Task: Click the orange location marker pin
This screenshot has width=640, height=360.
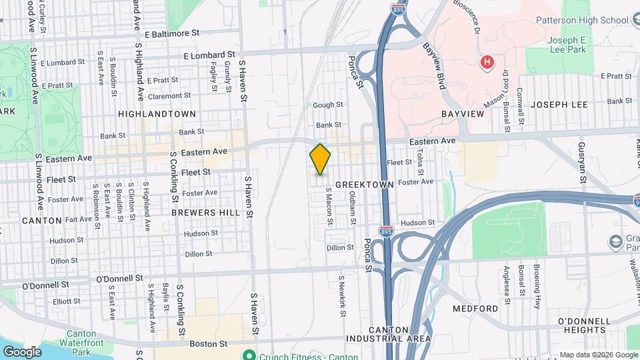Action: click(x=320, y=159)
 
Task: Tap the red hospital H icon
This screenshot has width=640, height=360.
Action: click(x=487, y=63)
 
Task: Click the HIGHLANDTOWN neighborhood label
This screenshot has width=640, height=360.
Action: click(x=157, y=114)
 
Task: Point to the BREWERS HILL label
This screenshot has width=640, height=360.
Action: click(x=205, y=212)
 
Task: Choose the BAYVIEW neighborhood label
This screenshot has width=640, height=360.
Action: click(x=462, y=115)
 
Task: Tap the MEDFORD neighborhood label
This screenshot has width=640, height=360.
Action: click(x=475, y=309)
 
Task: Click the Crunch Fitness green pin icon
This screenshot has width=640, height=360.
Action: click(x=249, y=354)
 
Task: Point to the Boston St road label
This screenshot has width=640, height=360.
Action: click(x=209, y=343)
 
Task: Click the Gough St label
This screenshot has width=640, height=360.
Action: click(x=328, y=105)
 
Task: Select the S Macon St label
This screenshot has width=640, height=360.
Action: click(x=329, y=206)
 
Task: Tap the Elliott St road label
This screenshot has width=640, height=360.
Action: click(x=67, y=301)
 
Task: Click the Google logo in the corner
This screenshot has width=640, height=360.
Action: click(x=22, y=351)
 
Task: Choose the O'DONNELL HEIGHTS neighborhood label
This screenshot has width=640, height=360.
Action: click(x=585, y=326)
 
